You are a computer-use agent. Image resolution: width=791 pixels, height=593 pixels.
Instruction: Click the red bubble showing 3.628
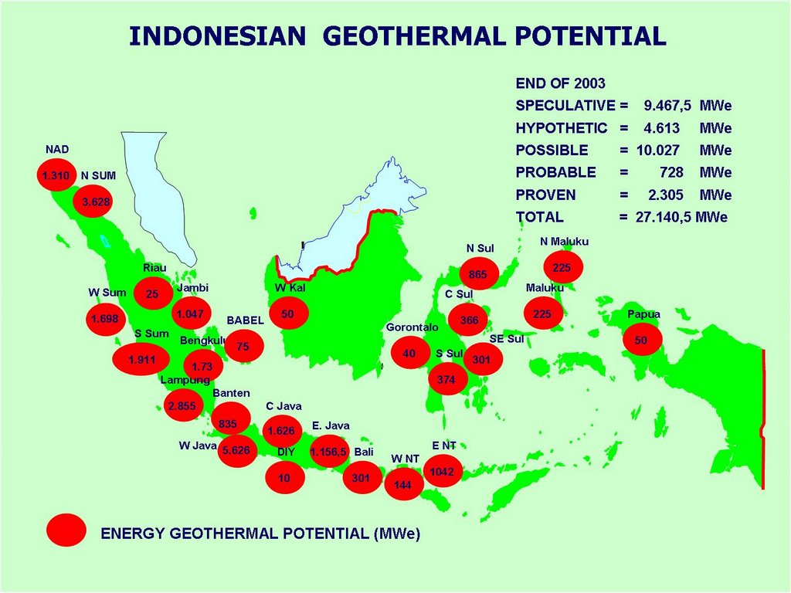[93, 202]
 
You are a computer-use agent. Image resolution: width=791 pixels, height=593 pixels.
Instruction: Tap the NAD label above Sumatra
[57, 150]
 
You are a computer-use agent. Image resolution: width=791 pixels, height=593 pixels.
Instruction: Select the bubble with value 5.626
[237, 450]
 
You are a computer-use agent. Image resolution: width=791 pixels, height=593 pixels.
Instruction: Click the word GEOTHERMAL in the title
[412, 36]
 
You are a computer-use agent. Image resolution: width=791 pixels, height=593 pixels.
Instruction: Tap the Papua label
[643, 314]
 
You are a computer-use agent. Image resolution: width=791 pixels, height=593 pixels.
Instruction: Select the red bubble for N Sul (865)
[479, 273]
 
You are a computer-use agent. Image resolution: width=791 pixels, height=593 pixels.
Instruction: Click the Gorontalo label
[412, 327]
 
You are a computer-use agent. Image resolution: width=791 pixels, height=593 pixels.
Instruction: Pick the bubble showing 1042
[443, 471]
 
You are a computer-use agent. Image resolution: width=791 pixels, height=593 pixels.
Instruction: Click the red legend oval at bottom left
[66, 530]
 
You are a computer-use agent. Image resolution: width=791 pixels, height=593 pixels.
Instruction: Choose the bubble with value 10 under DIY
[285, 477]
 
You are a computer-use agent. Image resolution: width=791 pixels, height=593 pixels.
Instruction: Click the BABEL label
[245, 320]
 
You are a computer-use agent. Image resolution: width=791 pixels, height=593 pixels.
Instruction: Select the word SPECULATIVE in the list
[565, 106]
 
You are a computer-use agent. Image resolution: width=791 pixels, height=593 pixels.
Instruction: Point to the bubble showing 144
[403, 484]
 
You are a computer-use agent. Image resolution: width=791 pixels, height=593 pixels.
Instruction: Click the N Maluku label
[564, 242]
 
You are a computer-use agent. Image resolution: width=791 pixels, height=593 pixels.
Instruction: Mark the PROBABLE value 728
[671, 173]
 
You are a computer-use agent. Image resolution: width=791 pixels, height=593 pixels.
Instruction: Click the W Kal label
[290, 288]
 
